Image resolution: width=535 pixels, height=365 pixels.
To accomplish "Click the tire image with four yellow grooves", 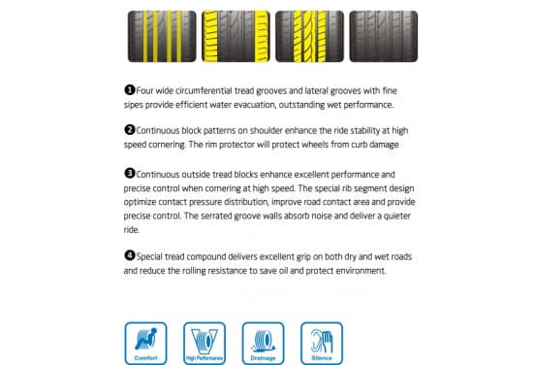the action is [x=162, y=36].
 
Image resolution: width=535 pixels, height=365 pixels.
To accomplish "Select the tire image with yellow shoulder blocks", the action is [x=236, y=36].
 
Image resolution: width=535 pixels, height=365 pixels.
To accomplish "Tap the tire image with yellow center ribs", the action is [x=309, y=36].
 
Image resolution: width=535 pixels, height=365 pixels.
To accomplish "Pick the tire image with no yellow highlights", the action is [x=384, y=36].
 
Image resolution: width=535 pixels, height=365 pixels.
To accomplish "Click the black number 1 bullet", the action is [x=130, y=90].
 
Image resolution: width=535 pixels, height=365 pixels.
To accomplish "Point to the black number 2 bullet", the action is [x=130, y=130].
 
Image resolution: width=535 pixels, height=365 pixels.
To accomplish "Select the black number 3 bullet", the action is [x=130, y=174].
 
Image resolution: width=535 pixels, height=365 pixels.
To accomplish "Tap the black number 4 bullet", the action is [x=130, y=255].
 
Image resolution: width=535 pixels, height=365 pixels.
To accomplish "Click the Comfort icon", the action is [x=145, y=343].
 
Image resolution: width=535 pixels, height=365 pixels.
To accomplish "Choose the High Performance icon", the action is [x=205, y=343].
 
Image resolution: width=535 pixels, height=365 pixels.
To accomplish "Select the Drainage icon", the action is [x=263, y=343].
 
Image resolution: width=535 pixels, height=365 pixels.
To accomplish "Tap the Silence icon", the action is [x=322, y=343].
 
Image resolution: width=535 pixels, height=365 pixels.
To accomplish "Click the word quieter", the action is [x=396, y=216].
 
